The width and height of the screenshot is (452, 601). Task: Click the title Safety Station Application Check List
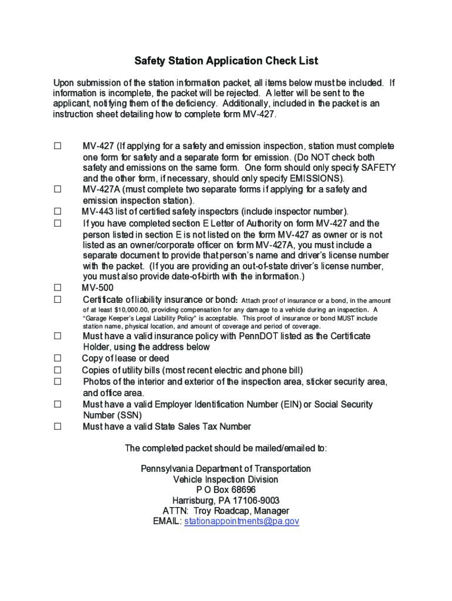[x=226, y=61]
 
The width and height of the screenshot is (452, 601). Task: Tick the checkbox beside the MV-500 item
[x=58, y=288]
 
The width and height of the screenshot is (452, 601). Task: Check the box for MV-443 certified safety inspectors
[x=58, y=211]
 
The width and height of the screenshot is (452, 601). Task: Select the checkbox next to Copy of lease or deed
[x=58, y=358]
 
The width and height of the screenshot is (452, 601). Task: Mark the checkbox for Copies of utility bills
[x=58, y=370]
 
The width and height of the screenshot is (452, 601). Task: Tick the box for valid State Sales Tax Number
[x=58, y=427]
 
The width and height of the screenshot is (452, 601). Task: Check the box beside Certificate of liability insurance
[x=58, y=299]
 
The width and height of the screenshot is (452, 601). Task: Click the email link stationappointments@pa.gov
[x=242, y=521]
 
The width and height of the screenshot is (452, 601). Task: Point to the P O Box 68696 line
[x=226, y=490]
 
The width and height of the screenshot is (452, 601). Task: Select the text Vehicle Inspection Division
[x=226, y=480]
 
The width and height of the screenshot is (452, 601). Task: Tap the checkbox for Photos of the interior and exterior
[x=58, y=381]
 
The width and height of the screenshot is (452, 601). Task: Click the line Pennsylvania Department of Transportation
[x=226, y=469]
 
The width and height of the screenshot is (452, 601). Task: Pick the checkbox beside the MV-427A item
[x=58, y=190]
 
